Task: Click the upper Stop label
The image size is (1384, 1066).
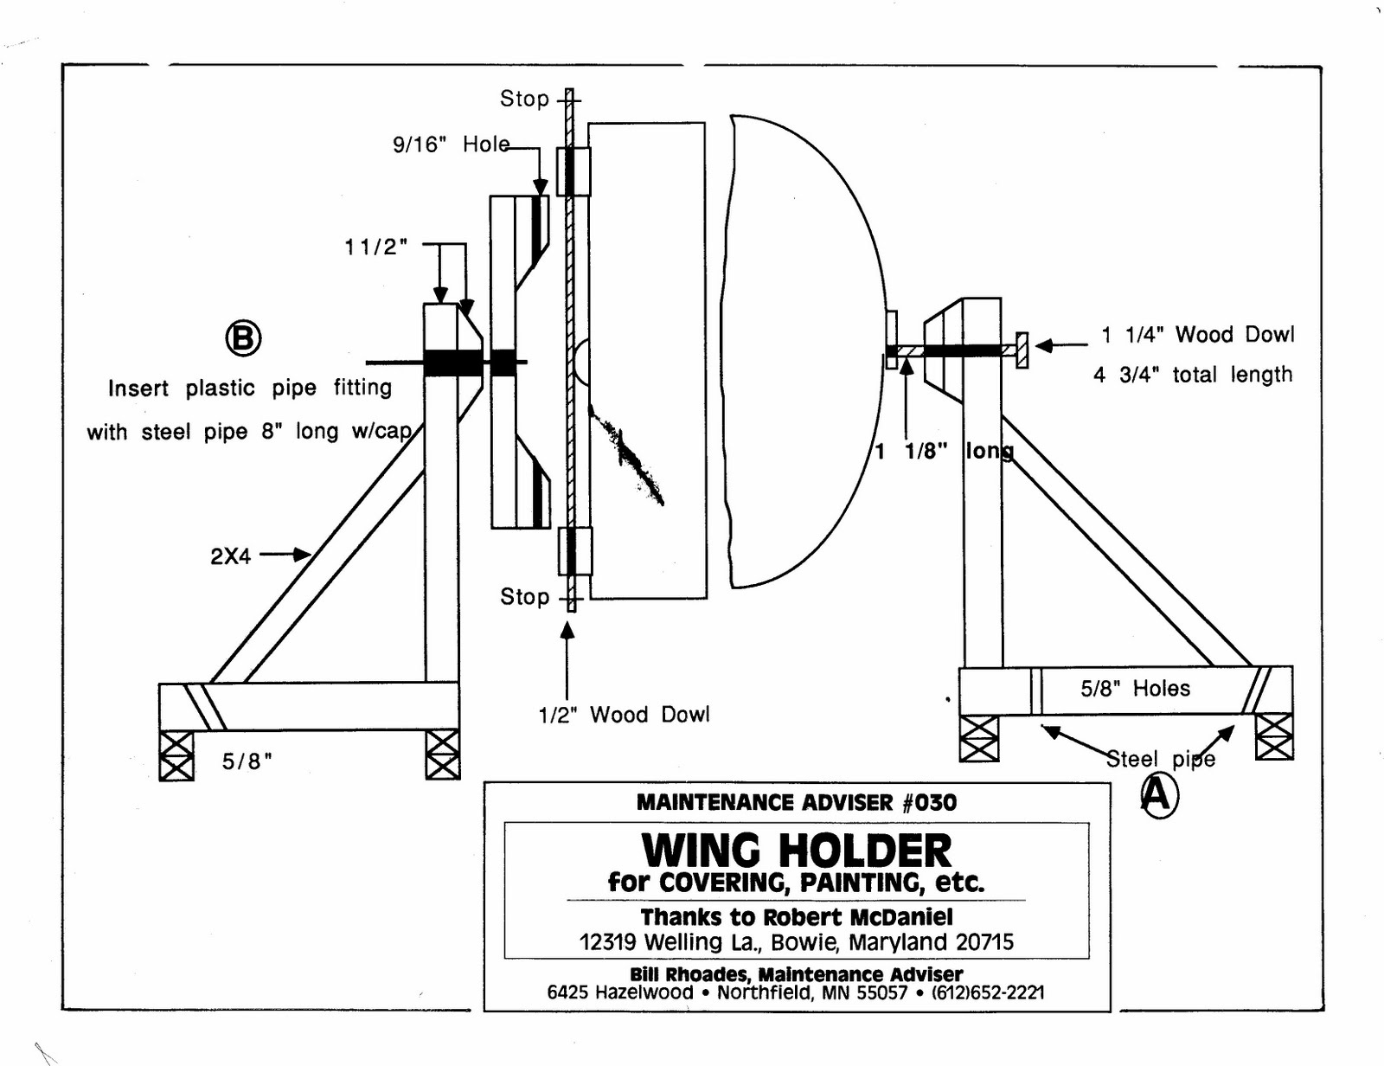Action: coord(524,99)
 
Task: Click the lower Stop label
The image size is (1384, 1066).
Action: coord(524,596)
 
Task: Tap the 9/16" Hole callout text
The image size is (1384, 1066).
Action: coord(451,144)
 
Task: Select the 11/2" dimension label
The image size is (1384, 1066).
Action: coord(375,247)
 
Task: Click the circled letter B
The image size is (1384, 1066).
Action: coord(243,337)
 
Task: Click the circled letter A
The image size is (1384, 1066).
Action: coord(1157,794)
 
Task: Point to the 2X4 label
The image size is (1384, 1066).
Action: coord(230,555)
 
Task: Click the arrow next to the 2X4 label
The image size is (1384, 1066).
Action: coord(286,554)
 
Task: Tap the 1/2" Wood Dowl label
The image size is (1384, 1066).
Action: coord(623,715)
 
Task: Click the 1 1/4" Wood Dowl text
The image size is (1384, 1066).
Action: coord(1198,334)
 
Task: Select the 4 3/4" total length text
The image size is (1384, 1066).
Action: coord(1193,375)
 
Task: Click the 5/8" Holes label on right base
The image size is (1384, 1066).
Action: coord(1135,689)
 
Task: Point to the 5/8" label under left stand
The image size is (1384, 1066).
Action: coord(247,761)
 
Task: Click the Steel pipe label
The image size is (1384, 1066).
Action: coord(1160,759)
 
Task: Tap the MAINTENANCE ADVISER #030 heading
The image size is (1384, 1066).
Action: coord(796,802)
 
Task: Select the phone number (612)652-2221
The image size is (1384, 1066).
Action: coord(987,992)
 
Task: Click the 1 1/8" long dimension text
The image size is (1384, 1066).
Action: coord(943,451)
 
